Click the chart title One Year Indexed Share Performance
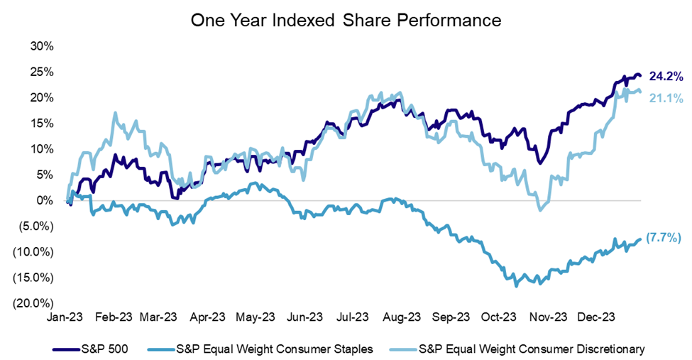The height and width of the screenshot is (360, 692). point(346,21)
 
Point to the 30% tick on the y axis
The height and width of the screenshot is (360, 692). point(41,46)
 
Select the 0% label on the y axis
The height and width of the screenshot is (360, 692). point(45,200)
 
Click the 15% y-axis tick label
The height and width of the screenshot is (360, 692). point(41,123)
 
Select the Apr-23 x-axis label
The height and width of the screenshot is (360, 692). point(209,317)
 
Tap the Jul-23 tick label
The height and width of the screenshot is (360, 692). point(353,317)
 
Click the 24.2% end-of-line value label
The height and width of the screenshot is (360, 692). point(665,75)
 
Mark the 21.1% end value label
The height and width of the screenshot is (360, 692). point(665,98)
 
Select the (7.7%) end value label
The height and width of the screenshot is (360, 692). point(662,238)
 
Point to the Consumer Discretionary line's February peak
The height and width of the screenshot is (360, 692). point(114,113)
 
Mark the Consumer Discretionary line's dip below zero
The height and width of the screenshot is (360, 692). point(541,209)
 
